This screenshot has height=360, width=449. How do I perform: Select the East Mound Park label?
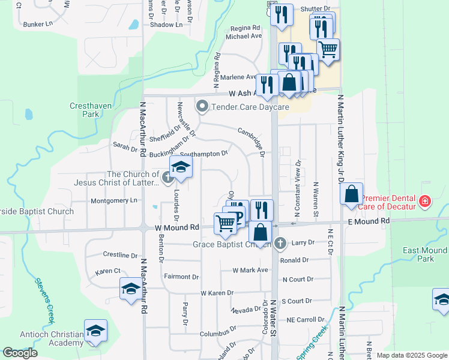click(418, 254)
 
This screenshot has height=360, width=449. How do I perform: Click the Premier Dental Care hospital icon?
click(425, 201)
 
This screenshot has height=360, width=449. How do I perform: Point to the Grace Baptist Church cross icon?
click(279, 244)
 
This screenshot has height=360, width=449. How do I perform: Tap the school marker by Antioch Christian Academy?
click(95, 331)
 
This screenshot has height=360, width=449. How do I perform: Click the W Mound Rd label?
click(176, 228)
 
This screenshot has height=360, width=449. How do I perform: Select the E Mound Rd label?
click(369, 221)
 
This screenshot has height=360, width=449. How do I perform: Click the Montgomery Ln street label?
click(113, 200)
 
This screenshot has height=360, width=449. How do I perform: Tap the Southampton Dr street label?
click(204, 154)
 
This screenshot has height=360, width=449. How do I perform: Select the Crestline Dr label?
click(116, 255)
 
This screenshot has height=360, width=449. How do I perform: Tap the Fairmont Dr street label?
click(181, 277)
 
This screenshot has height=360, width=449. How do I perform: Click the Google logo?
click(20, 353)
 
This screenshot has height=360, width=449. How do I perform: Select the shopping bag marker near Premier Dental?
click(351, 194)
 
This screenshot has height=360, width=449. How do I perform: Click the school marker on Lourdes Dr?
click(180, 169)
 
